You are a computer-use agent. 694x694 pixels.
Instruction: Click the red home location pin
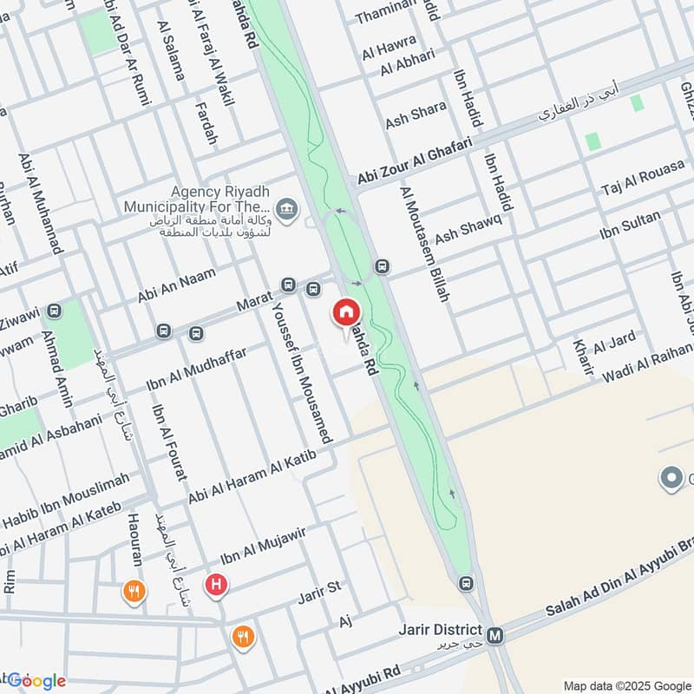[344, 312]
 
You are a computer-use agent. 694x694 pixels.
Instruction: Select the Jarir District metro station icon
[495, 636]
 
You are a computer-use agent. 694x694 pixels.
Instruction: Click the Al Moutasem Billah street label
[424, 244]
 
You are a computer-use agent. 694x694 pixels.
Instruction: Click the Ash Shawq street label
[468, 228]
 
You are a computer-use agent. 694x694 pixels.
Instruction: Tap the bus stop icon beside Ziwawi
[55, 310]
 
